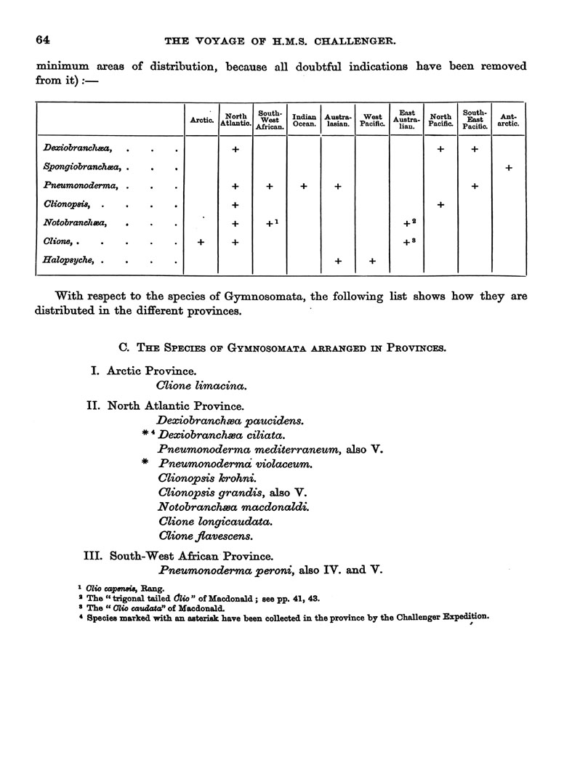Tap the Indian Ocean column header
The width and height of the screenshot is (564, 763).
(x=304, y=121)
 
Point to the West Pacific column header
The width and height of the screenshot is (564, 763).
(x=372, y=121)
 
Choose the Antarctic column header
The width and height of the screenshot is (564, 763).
(x=509, y=121)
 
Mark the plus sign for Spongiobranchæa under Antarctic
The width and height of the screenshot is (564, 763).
(x=509, y=168)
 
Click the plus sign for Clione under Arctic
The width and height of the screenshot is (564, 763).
(x=201, y=242)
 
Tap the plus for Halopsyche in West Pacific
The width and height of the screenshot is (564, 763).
(x=372, y=261)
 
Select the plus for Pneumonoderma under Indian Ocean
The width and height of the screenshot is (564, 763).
(x=304, y=186)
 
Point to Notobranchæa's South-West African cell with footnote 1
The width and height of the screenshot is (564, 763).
(x=270, y=224)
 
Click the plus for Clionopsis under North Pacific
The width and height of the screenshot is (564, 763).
(x=440, y=205)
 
